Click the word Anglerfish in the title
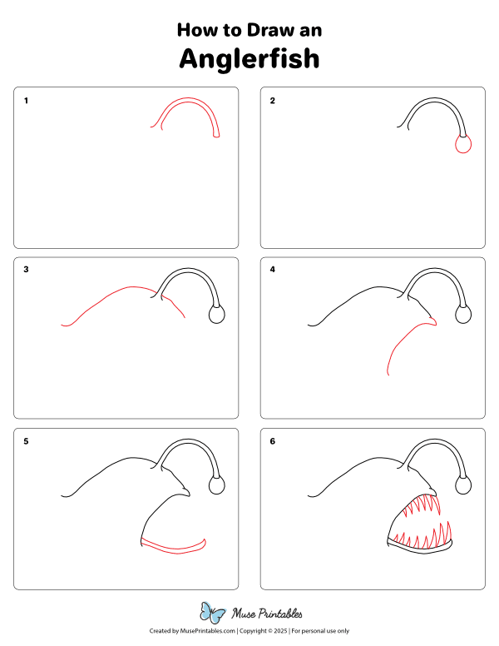pyautogui.click(x=249, y=58)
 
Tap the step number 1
pyautogui.click(x=27, y=102)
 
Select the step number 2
pyautogui.click(x=272, y=102)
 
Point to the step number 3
pyautogui.click(x=27, y=270)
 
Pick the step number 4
pyautogui.click(x=272, y=270)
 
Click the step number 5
pyautogui.click(x=27, y=441)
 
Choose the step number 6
pyautogui.click(x=272, y=441)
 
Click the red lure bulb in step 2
pyautogui.click(x=463, y=146)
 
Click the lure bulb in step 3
pyautogui.click(x=217, y=315)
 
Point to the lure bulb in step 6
pyautogui.click(x=463, y=485)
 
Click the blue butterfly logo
pyautogui.click(x=214, y=614)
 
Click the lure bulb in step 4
pyautogui.click(x=463, y=315)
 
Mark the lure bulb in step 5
pyautogui.click(x=217, y=485)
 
